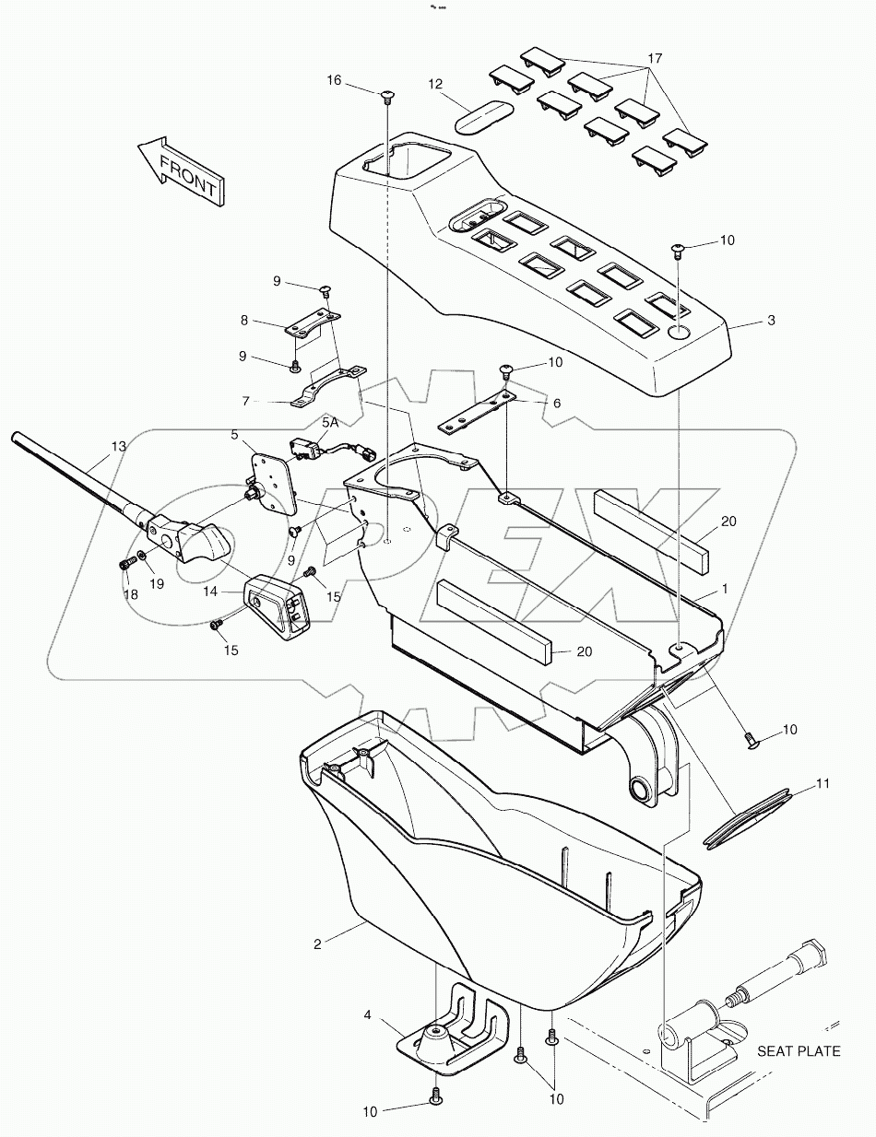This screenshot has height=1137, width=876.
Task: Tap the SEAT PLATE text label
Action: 799,1050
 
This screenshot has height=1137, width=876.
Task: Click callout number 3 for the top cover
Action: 771,321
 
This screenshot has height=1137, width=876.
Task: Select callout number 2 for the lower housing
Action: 317,944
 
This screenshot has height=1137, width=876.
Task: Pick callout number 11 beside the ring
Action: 823,784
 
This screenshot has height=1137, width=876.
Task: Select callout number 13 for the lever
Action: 118,447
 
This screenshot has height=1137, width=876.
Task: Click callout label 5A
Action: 330,421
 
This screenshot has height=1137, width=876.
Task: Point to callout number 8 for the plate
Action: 244,321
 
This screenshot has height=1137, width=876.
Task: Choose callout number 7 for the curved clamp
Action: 244,402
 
